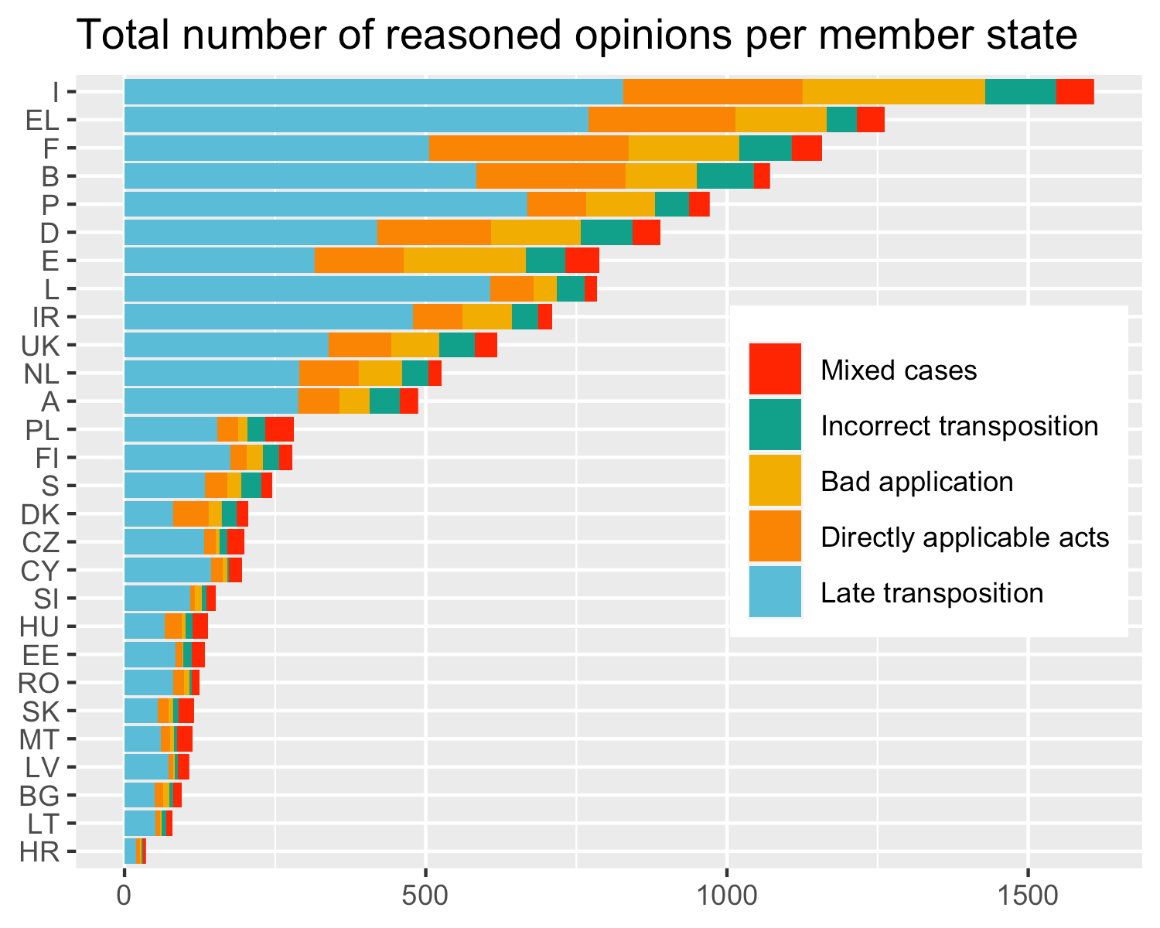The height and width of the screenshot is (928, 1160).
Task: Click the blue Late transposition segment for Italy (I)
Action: click(x=374, y=92)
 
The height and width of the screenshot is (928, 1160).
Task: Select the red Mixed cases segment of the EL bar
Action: click(x=871, y=120)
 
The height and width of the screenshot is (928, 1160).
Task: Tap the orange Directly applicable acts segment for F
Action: click(x=529, y=148)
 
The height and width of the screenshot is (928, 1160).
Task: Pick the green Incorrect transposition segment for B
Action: click(x=725, y=176)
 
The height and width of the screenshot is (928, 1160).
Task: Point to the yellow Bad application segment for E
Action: click(x=465, y=261)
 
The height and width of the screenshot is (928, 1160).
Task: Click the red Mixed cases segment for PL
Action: click(x=279, y=429)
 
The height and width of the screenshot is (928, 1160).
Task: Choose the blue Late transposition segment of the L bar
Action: click(x=307, y=288)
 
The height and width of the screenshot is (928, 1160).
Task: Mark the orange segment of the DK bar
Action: click(x=191, y=513)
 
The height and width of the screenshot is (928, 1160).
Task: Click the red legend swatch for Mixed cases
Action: click(x=775, y=369)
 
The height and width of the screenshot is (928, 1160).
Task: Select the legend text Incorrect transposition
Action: click(x=960, y=426)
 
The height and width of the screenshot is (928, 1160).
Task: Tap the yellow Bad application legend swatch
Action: click(x=775, y=480)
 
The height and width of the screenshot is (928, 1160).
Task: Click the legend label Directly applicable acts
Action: click(x=965, y=537)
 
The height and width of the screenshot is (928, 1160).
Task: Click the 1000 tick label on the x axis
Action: click(x=727, y=896)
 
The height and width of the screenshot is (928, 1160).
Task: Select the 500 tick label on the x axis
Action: click(x=425, y=896)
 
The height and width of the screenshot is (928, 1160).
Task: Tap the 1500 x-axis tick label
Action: click(x=1029, y=896)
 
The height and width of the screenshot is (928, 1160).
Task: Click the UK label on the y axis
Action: click(x=40, y=346)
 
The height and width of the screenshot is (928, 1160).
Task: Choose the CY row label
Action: click(x=39, y=571)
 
